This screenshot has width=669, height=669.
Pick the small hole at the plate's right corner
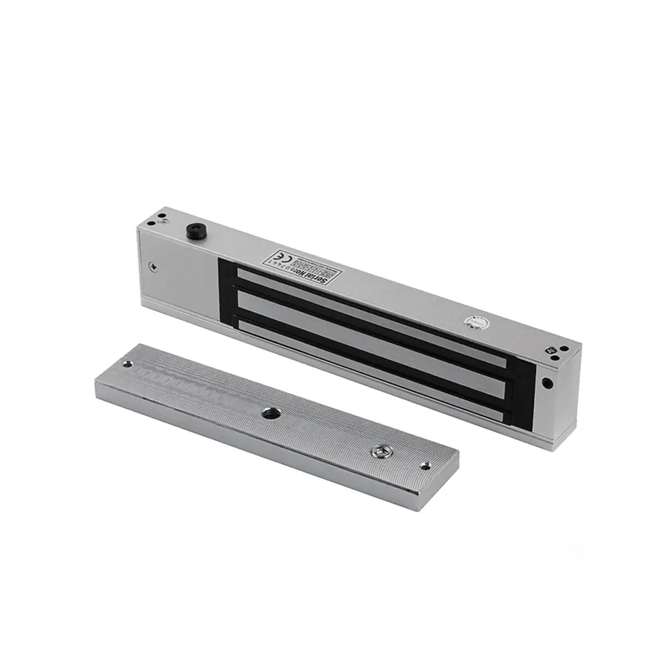click(x=425, y=464)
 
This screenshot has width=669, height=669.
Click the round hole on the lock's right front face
click(x=547, y=384)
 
